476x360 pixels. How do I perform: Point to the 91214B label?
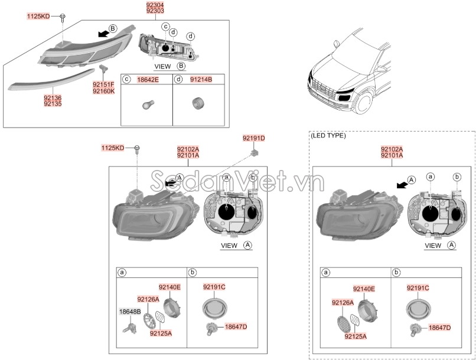pos(201,78)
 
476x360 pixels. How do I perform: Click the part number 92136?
pos(53,98)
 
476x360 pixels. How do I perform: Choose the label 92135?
pos(53,104)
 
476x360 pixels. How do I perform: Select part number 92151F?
pos(104,85)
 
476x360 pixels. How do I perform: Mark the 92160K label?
pos(104,91)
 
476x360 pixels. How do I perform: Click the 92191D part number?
pos(253,138)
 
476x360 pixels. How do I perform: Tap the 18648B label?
pos(130,311)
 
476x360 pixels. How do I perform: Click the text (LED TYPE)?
pos(328,135)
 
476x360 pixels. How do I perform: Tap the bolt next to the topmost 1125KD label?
pos(63,17)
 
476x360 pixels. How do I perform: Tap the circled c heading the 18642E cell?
pos(125,78)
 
